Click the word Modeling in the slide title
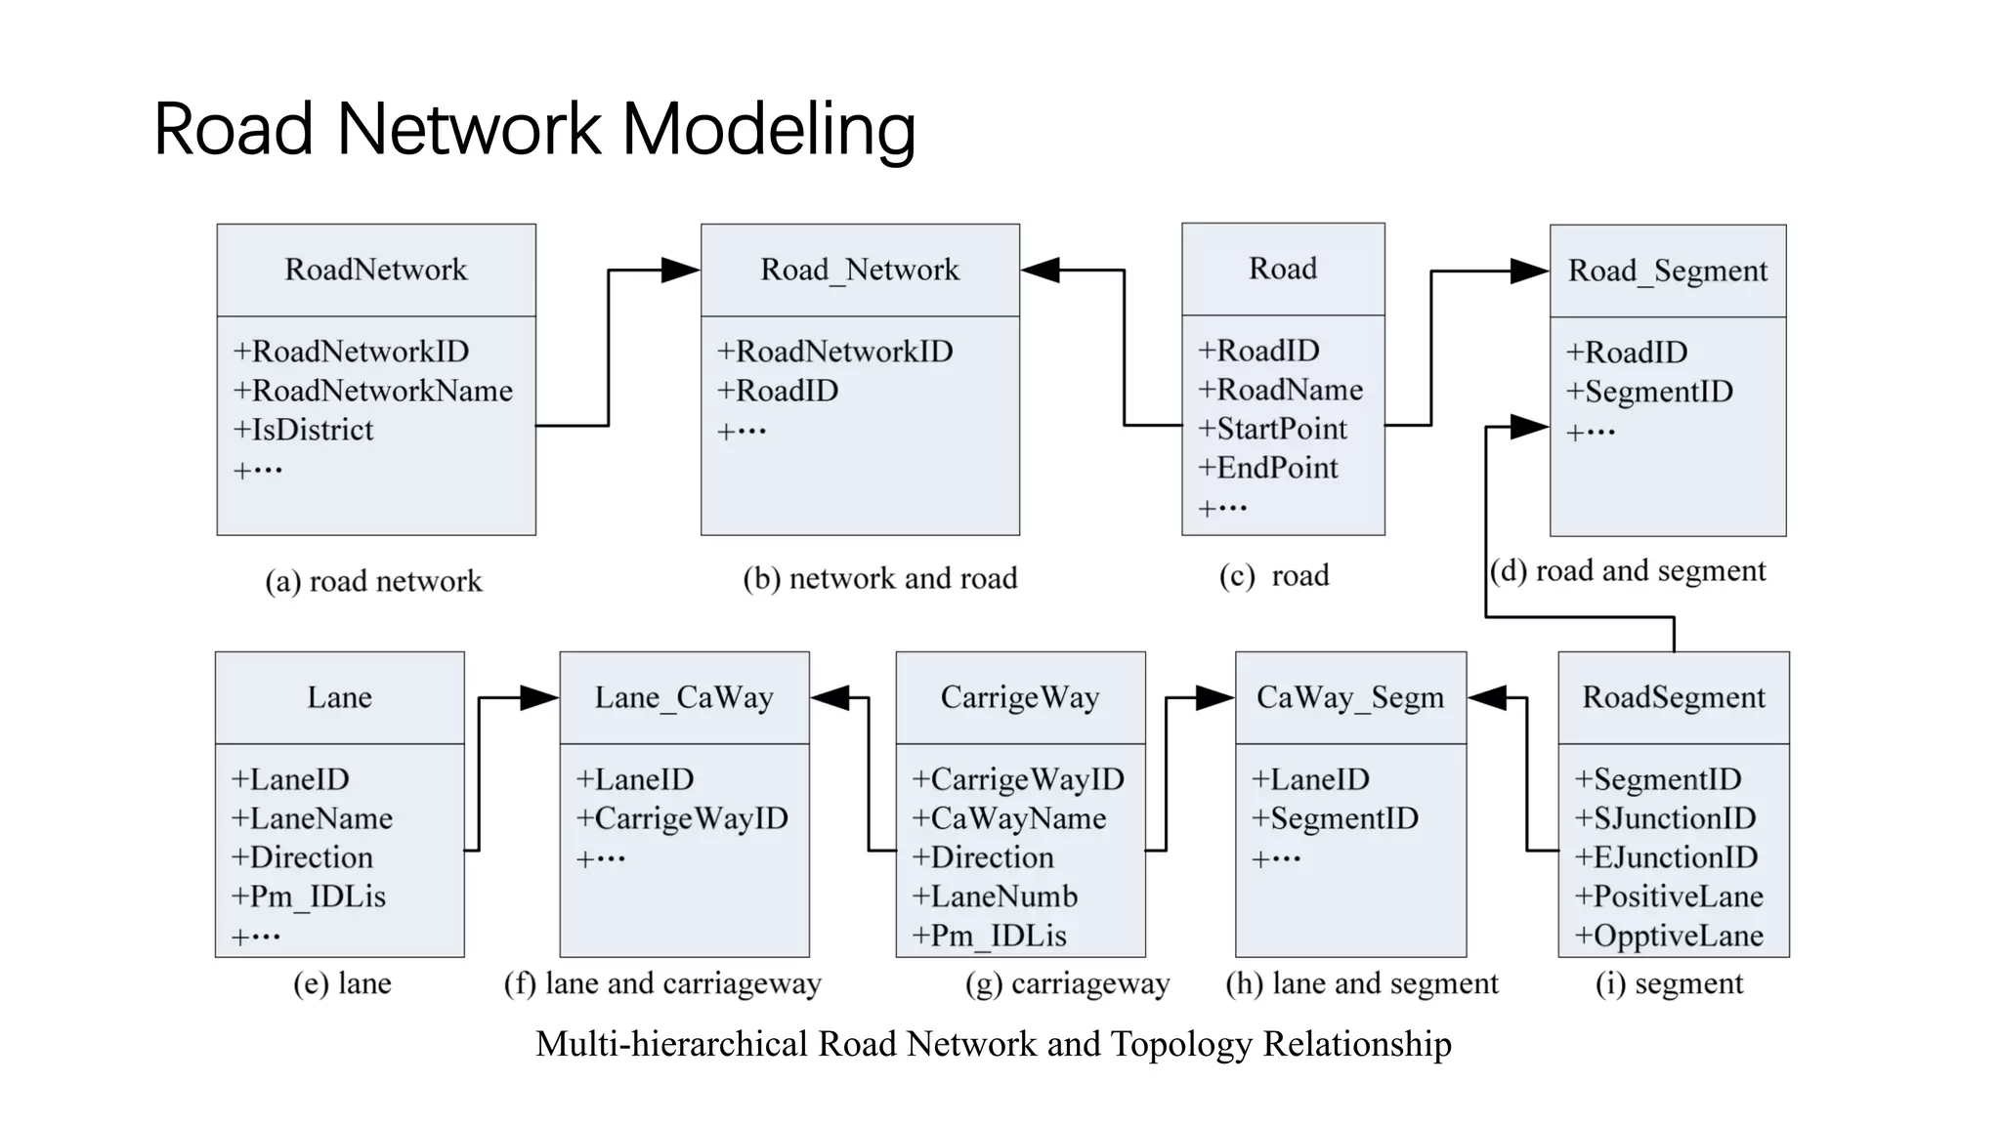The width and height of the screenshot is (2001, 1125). point(768,130)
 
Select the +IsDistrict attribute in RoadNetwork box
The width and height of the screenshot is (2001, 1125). point(304,430)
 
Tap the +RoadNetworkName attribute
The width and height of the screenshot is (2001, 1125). point(373,391)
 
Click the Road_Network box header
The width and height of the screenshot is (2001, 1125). point(860,270)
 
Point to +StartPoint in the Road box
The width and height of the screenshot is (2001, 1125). point(1272,429)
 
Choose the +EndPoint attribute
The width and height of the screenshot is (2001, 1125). point(1268,468)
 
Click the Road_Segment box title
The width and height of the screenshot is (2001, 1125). point(1667,271)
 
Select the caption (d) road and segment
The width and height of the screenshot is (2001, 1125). point(1628,570)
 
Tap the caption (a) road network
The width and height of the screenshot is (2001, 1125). point(373,581)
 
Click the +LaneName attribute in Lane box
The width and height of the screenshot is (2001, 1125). point(312,818)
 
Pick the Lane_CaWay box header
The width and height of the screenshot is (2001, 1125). point(684,697)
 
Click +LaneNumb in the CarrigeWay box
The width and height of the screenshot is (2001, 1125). point(995,896)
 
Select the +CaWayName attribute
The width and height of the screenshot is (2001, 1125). point(1008,818)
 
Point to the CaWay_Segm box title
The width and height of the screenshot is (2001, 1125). point(1349,697)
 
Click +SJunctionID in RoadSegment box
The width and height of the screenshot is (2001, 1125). point(1665,818)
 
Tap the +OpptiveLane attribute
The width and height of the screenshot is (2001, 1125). point(1669,936)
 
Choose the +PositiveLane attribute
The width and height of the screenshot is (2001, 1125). point(1669,896)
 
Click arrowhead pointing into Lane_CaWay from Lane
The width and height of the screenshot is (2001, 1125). point(539,697)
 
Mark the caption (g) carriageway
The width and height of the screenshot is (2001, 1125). point(1067,983)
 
